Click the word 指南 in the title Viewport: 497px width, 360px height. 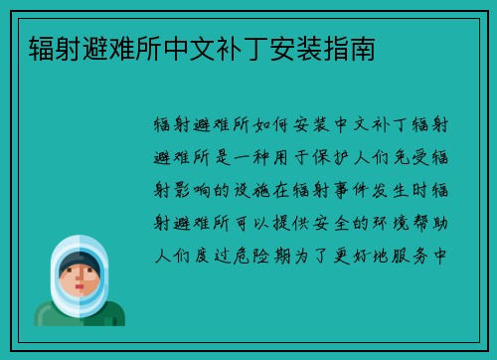point(353,46)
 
